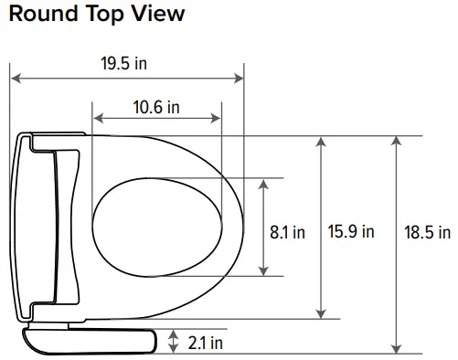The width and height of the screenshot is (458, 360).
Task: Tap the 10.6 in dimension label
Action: [x=155, y=106]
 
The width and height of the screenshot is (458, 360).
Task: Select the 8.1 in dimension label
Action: [x=287, y=232]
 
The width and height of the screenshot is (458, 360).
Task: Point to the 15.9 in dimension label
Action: [x=351, y=232]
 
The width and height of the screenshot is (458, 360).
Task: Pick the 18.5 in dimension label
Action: [x=428, y=232]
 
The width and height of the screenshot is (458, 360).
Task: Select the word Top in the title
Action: [x=103, y=16]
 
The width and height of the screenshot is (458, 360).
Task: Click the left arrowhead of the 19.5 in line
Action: [x=14, y=80]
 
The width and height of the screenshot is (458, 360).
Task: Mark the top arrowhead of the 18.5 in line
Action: [x=396, y=141]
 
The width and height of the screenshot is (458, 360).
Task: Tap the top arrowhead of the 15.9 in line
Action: [x=320, y=141]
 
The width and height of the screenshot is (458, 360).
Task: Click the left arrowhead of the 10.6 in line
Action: [x=97, y=119]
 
